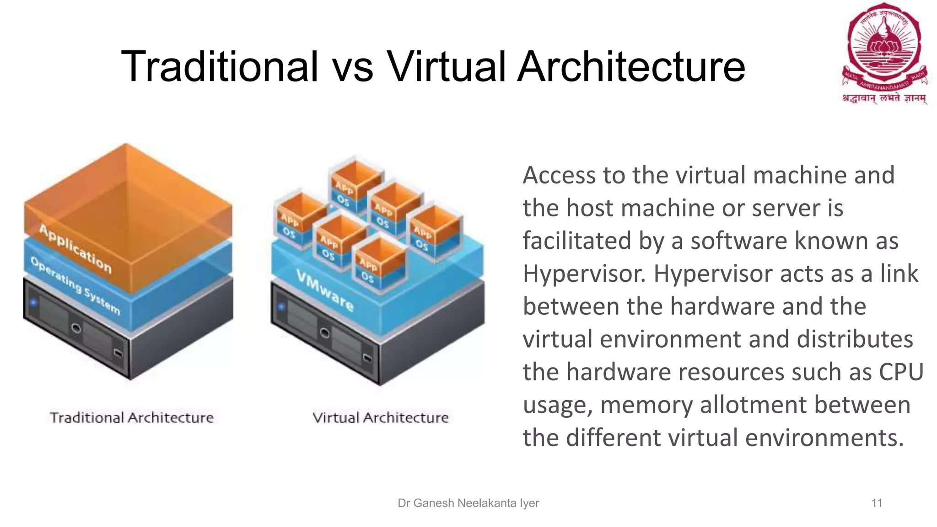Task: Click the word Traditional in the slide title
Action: [x=220, y=67]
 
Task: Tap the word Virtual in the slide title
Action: [x=446, y=67]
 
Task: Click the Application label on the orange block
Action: [x=75, y=249]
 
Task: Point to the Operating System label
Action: [x=75, y=286]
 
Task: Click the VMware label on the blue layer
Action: [x=325, y=290]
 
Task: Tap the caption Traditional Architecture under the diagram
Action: [x=132, y=417]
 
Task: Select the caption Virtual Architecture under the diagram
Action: [x=380, y=417]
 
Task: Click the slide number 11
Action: [x=877, y=503]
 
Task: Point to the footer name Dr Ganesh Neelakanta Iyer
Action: [x=468, y=503]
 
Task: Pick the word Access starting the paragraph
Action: [x=558, y=175]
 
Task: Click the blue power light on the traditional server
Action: [x=33, y=302]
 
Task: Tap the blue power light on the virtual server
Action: [x=281, y=307]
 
